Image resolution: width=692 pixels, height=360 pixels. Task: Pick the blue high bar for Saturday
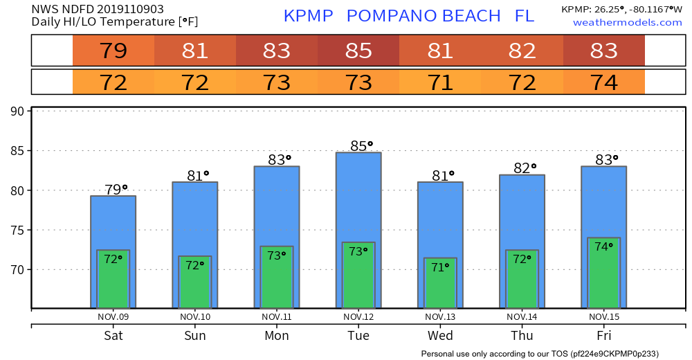113,222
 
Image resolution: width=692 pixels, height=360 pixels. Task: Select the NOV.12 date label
358,316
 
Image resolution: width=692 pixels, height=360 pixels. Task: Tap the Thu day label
522,336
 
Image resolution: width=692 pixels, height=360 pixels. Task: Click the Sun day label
195,336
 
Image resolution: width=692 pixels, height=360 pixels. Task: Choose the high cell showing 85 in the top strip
358,51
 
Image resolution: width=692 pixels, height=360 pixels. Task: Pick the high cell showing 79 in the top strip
113,51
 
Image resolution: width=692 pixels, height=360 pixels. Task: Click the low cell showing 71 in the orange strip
440,82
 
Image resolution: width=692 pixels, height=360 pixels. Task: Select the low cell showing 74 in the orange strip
604,82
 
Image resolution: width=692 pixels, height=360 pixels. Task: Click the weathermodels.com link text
627,23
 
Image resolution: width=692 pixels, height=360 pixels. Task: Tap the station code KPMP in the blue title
309,15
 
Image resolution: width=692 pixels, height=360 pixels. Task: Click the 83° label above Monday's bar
277,159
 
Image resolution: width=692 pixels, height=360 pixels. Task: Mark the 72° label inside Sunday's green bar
195,265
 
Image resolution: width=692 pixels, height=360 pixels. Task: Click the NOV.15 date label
604,316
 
